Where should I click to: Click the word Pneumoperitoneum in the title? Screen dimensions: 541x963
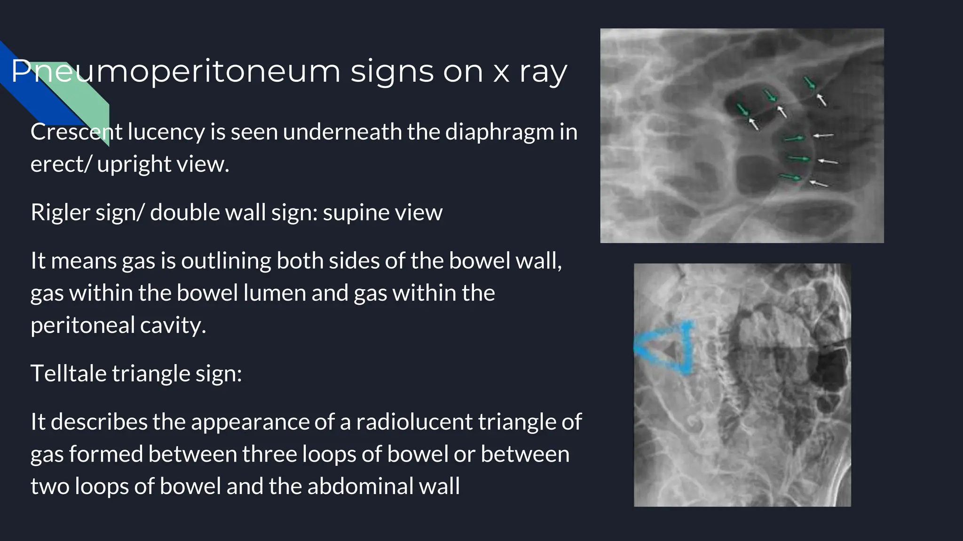pos(175,72)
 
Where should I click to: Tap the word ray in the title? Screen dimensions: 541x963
pos(544,72)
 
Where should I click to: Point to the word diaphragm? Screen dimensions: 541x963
pos(499,132)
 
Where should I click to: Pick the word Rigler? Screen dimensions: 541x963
pos(60,212)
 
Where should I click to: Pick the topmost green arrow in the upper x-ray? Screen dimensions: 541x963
pos(810,83)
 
